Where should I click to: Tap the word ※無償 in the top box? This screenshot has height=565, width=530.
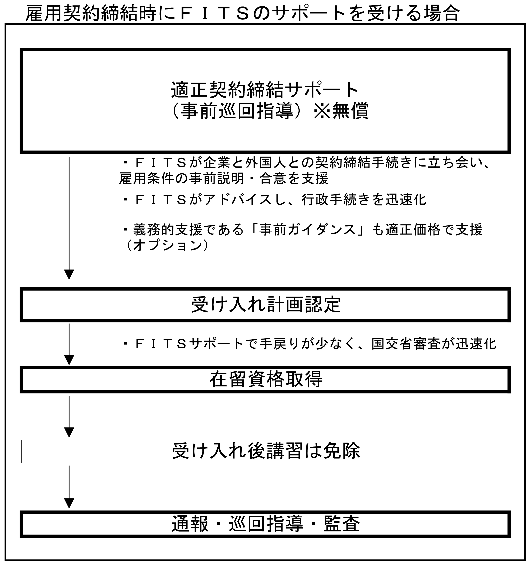coord(341,111)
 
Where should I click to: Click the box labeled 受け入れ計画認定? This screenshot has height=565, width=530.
coord(265,305)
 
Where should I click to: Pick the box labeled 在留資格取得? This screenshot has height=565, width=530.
coord(265,379)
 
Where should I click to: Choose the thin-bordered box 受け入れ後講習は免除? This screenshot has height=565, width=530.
coord(265,451)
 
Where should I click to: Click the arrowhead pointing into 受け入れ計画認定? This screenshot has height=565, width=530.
coord(69,274)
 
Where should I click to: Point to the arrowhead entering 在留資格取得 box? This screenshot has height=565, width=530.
coord(69,360)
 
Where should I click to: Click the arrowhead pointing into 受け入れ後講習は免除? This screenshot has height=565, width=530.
coord(69,432)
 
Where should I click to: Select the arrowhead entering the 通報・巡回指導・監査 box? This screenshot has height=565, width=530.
coord(69,503)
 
